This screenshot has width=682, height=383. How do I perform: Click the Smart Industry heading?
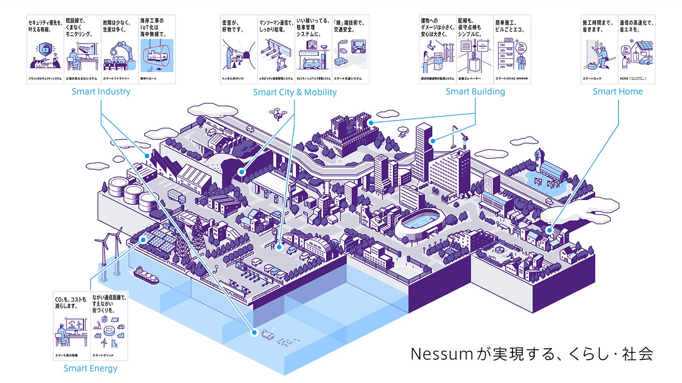[x=101, y=91]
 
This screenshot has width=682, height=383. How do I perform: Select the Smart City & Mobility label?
[x=295, y=92]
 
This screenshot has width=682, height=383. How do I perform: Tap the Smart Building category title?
[x=475, y=91]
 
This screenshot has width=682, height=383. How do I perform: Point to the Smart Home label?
[x=618, y=91]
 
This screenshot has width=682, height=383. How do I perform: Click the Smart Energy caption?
[x=90, y=368]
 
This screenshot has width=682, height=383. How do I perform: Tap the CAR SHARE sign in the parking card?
[x=308, y=54]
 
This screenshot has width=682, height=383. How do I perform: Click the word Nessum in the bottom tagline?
[x=442, y=354]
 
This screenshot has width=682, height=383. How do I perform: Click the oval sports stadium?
[x=420, y=222]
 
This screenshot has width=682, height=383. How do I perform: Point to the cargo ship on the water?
[x=146, y=275]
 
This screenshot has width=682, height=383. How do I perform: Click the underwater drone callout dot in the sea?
[x=255, y=332]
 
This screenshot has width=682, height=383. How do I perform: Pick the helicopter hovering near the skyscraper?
[x=402, y=131]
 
